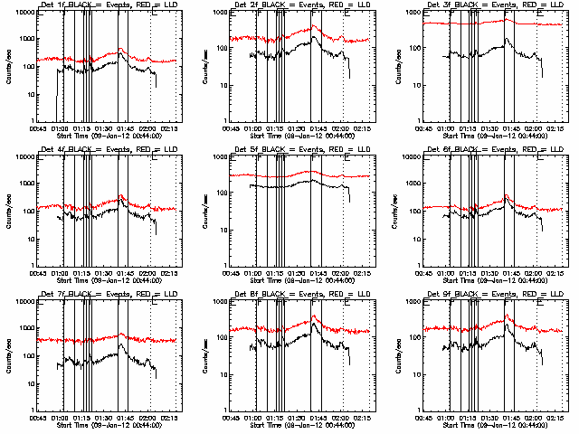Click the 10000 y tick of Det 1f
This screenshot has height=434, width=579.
point(24,14)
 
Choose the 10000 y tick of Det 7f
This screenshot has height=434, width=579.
point(24,303)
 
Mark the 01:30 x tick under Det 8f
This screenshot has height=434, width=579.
point(297,419)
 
